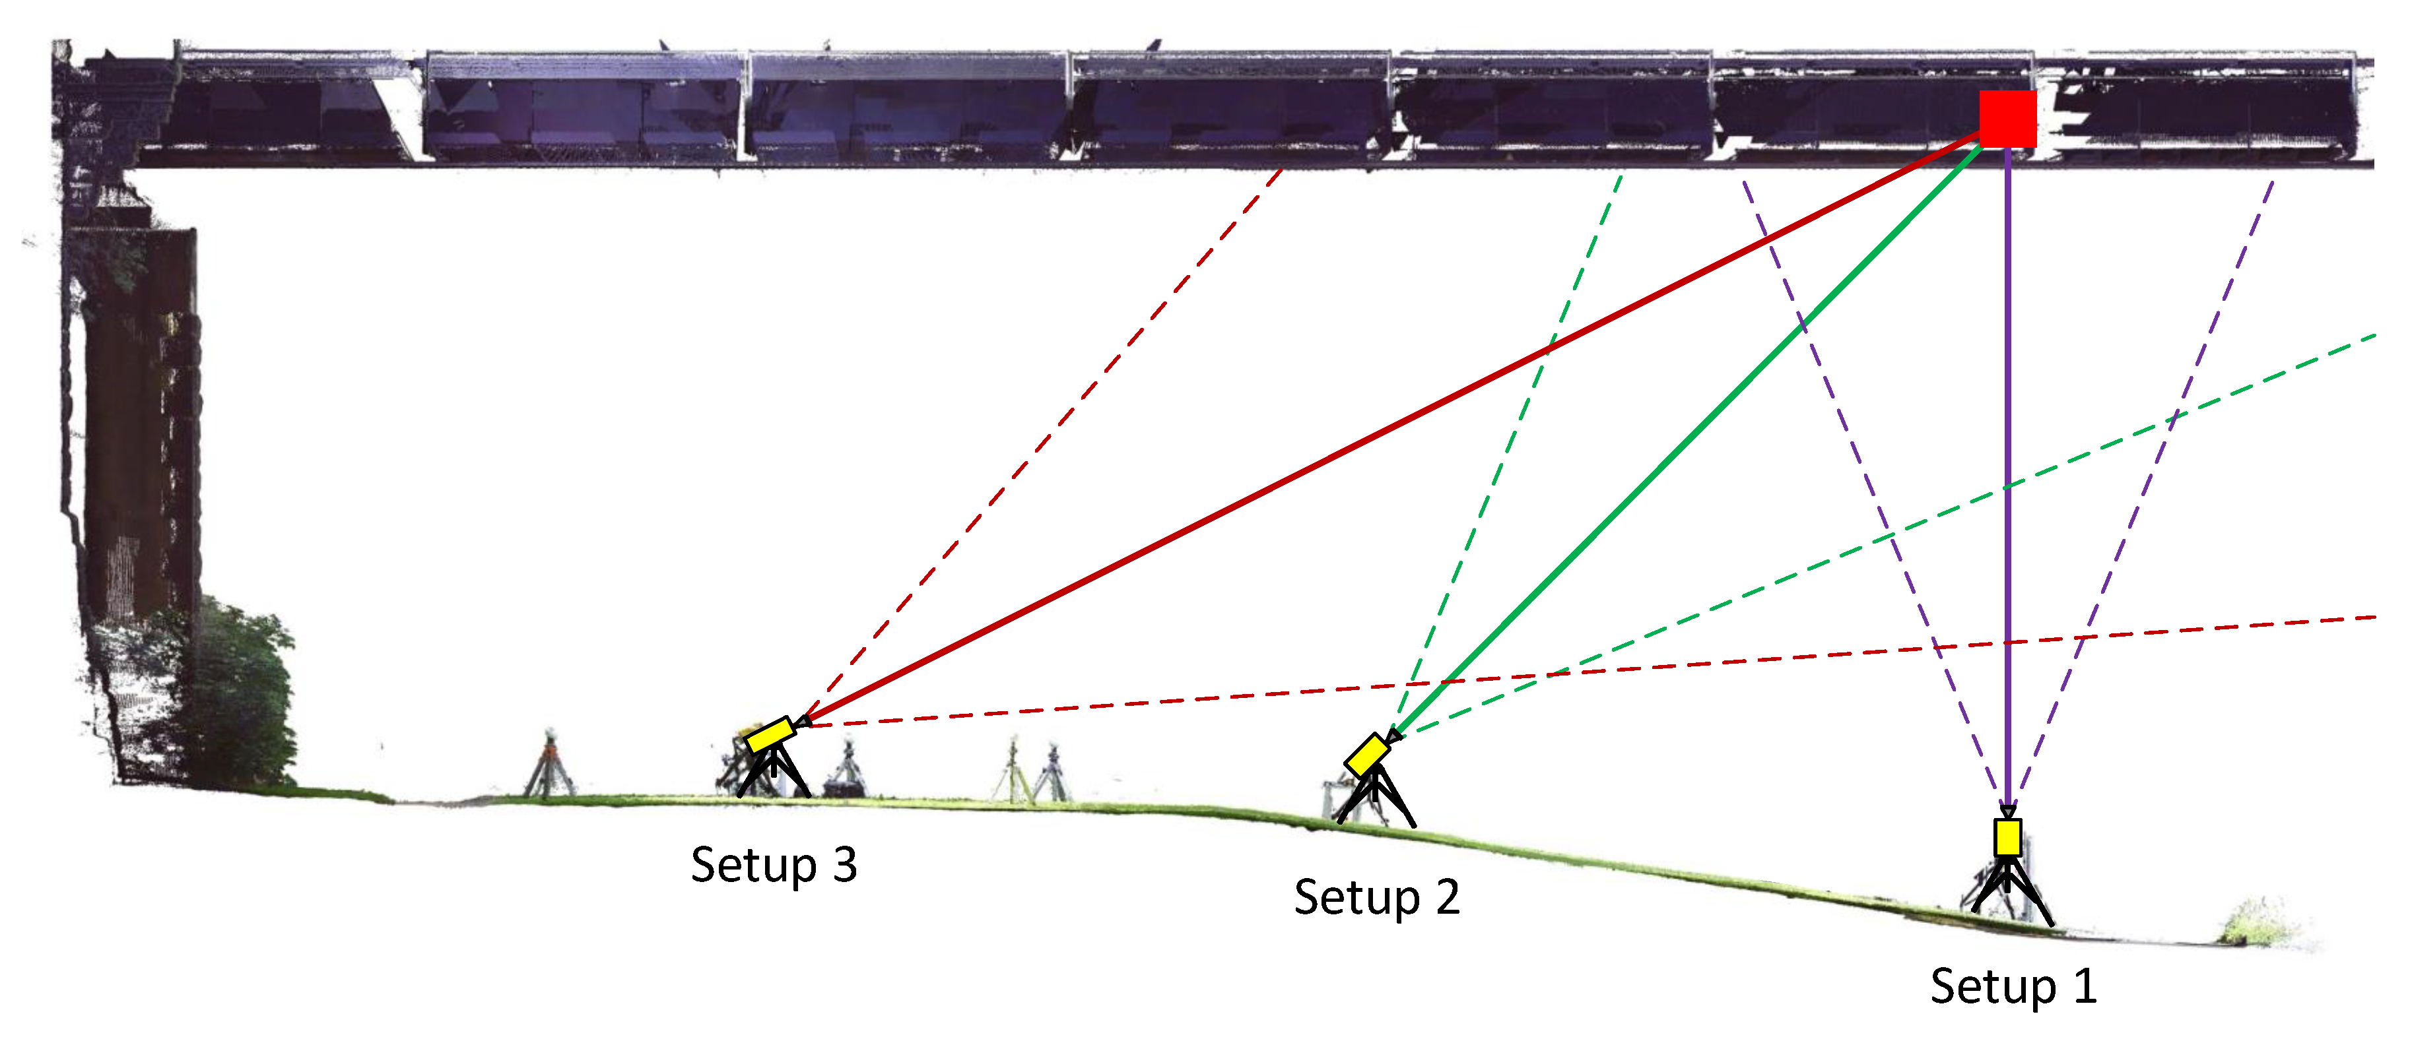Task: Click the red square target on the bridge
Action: pyautogui.click(x=2008, y=119)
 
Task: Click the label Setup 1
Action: pyautogui.click(x=2013, y=986)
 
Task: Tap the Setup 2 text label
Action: pyautogui.click(x=1376, y=897)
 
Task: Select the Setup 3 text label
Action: pyautogui.click(x=773, y=864)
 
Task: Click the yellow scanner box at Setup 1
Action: pyautogui.click(x=2008, y=837)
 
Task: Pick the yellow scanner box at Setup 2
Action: pyautogui.click(x=1367, y=755)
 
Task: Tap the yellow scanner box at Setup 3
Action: pyautogui.click(x=770, y=734)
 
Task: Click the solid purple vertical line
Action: pyautogui.click(x=2008, y=468)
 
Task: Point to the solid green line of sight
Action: pyautogui.click(x=1684, y=439)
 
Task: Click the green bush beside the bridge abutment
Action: pyautogui.click(x=238, y=692)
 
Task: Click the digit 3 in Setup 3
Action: pyautogui.click(x=845, y=864)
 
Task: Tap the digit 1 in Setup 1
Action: pyautogui.click(x=2085, y=986)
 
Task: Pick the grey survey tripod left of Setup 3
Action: pyautogui.click(x=550, y=767)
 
